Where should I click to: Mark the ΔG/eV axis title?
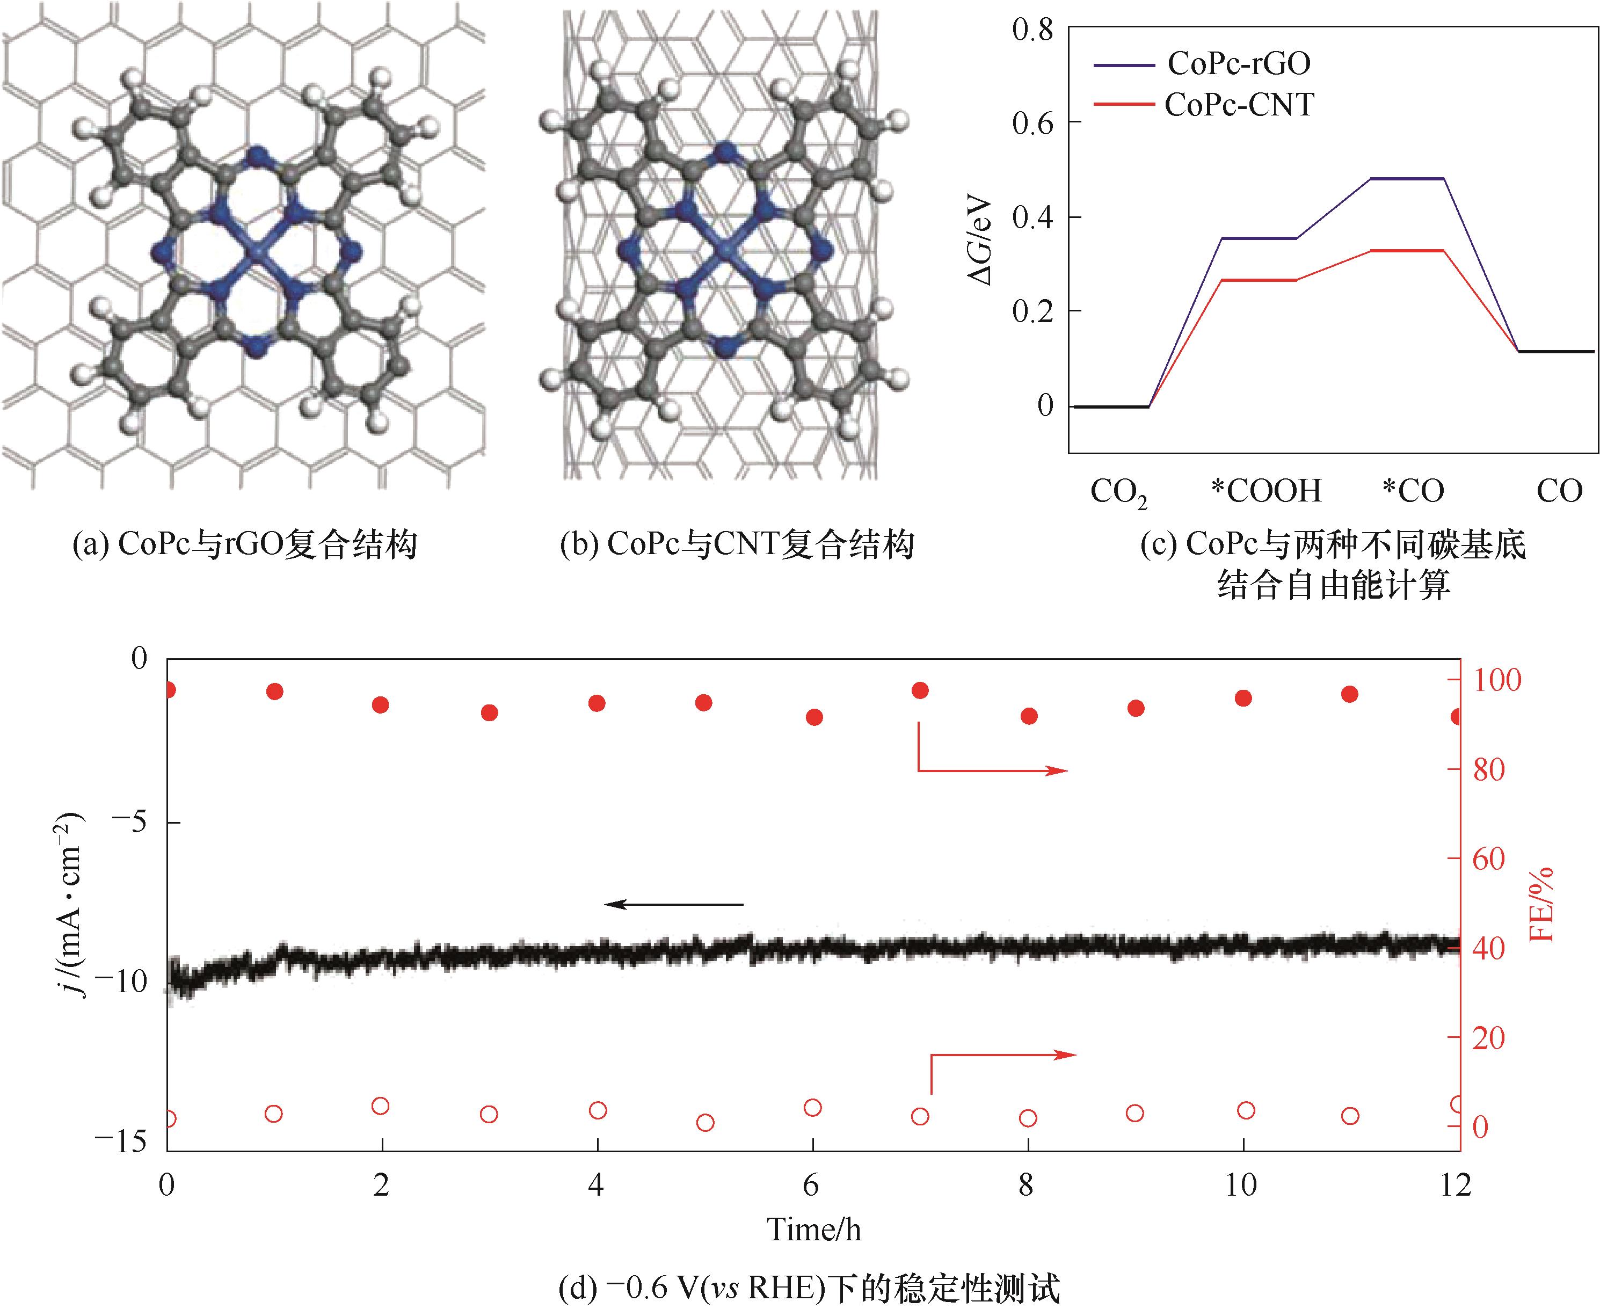pos(981,241)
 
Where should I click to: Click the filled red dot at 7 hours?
pos(920,690)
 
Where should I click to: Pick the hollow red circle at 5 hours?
pos(705,1123)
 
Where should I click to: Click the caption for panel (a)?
pos(244,544)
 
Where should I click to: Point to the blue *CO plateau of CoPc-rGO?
pos(1407,179)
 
